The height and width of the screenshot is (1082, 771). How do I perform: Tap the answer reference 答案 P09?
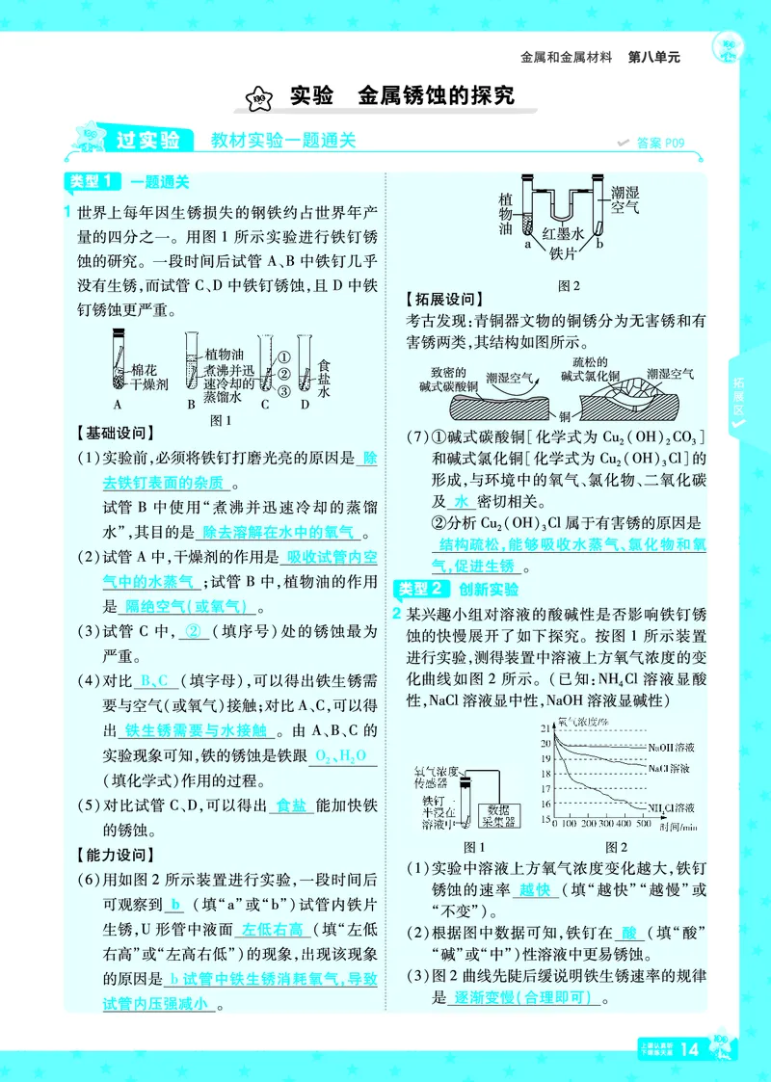click(658, 143)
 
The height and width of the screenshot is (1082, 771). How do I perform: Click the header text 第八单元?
click(654, 57)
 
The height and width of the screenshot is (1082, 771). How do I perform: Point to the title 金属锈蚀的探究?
click(436, 95)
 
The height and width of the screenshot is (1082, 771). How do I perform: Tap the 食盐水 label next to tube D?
click(324, 378)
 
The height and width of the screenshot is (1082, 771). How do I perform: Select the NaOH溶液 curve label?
click(674, 747)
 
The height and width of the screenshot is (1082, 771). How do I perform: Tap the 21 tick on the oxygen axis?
click(545, 726)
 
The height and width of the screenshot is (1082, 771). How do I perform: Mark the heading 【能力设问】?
click(114, 855)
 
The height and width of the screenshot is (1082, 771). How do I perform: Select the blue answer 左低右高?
click(273, 930)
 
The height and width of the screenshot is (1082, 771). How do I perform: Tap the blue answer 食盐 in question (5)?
click(290, 805)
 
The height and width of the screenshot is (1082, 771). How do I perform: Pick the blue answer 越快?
click(533, 891)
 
